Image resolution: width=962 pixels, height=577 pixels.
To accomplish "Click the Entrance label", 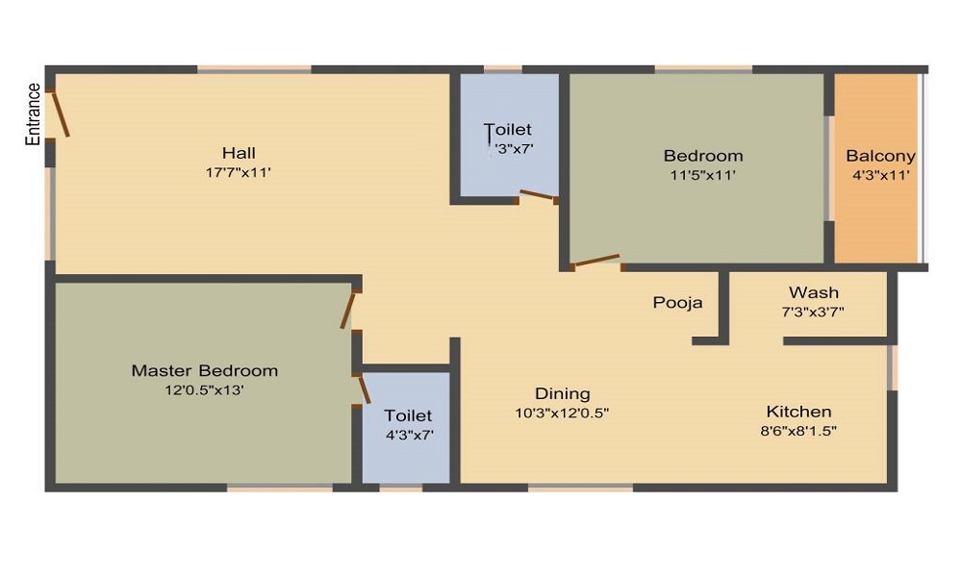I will [x=34, y=114].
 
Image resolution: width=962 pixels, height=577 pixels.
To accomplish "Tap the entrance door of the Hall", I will [x=60, y=114].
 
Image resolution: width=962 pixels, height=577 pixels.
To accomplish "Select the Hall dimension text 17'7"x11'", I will [x=239, y=173].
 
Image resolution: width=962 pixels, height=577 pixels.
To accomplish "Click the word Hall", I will [x=239, y=153].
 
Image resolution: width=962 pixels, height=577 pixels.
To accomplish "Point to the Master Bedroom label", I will [x=204, y=370].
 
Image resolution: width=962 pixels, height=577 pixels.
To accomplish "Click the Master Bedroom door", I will [x=348, y=310].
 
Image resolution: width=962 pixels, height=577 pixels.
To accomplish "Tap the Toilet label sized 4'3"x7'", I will [x=408, y=415].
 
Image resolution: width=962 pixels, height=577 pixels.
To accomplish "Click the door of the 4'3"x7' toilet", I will [x=364, y=389].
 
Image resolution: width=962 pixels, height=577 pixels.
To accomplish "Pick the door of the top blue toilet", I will [x=538, y=196].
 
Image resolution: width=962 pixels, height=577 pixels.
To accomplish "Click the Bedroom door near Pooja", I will [x=595, y=260].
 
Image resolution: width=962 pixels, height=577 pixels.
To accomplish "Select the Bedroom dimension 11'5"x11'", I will [x=702, y=175].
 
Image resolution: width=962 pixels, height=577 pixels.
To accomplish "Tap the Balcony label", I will [x=880, y=156].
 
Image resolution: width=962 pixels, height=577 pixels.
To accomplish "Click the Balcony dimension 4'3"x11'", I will [x=880, y=175].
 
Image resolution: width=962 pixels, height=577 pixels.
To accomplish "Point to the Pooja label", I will [x=677, y=302].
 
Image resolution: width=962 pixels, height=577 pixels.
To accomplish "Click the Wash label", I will [x=813, y=292].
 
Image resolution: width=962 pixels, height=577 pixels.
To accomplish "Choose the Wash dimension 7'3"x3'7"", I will [x=813, y=312].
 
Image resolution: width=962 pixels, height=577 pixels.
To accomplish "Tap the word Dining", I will [x=562, y=393].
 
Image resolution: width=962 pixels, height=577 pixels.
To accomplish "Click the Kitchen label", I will [x=798, y=411].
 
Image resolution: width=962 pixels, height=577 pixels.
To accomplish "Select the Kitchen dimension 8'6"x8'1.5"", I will [x=798, y=431].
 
